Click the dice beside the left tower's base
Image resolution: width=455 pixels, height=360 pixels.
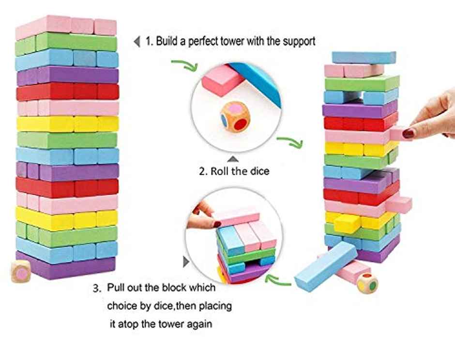pyautogui.click(x=21, y=271)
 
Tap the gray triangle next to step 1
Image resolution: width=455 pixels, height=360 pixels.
pyautogui.click(x=136, y=42)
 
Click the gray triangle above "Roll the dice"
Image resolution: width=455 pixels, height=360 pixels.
pyautogui.click(x=233, y=158)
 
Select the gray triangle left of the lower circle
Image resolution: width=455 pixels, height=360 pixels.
pyautogui.click(x=186, y=262)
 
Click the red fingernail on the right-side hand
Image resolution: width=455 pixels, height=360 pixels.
pyautogui.click(x=409, y=134)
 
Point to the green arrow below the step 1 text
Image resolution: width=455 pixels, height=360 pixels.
pyautogui.click(x=184, y=66)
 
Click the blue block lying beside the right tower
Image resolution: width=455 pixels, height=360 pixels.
pyautogui.click(x=326, y=266)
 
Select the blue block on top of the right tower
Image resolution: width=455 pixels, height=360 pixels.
pyautogui.click(x=364, y=58)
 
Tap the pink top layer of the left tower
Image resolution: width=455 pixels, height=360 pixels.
pyautogui.click(x=66, y=27)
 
